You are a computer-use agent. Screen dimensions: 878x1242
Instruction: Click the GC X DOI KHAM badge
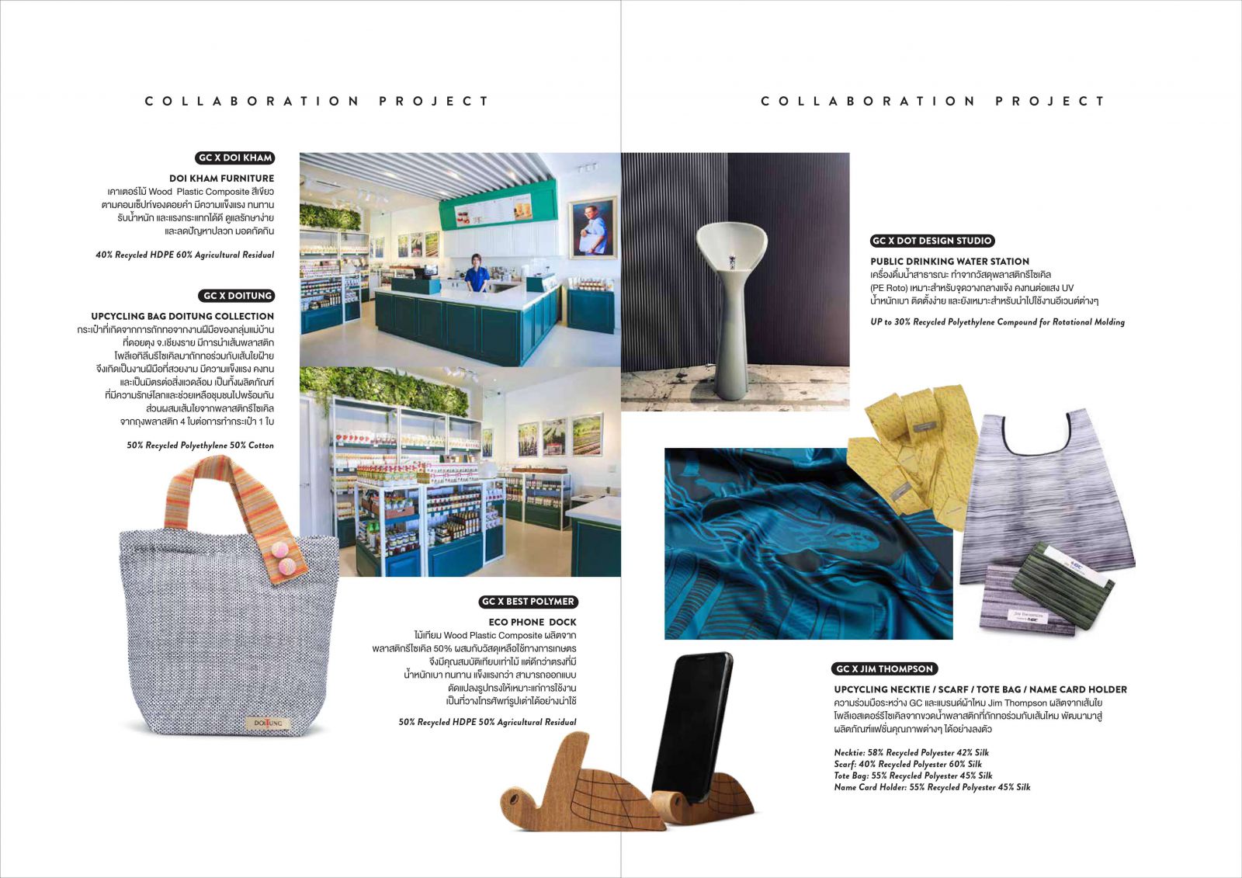(235, 158)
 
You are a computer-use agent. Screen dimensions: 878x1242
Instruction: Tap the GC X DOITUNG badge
(238, 296)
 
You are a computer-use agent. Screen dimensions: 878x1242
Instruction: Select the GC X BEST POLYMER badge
(528, 602)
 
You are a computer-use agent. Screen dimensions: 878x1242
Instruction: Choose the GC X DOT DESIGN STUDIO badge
(932, 241)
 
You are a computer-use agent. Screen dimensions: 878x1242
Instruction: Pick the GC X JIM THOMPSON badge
(884, 669)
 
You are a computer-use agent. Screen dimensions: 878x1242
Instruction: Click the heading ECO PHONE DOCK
(533, 622)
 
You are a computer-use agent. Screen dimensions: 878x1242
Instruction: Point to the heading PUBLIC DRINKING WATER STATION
(949, 262)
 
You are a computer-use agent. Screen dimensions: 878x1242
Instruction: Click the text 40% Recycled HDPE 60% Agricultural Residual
(185, 255)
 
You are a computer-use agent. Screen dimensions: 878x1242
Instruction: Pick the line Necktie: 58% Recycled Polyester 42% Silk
(911, 752)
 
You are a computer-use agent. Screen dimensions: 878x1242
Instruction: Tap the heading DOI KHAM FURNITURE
(221, 179)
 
